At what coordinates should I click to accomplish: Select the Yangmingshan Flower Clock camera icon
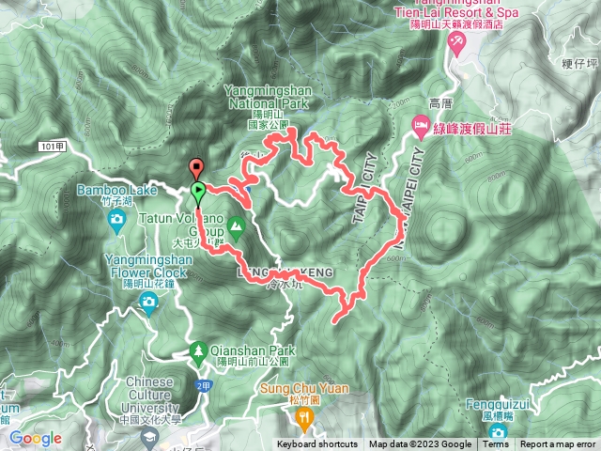point(148,300)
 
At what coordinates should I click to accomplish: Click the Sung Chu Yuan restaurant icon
point(303,414)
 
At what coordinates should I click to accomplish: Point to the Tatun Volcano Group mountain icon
point(237,225)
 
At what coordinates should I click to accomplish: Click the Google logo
point(35,438)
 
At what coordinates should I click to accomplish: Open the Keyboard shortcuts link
point(318,444)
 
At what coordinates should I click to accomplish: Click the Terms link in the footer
point(495,444)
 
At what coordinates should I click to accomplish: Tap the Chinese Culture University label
point(146,394)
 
